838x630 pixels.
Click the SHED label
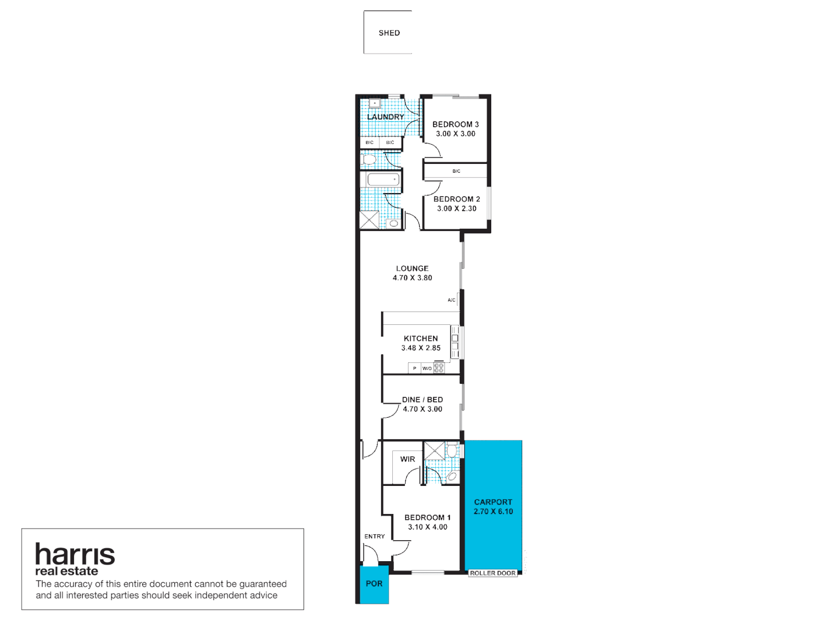(x=389, y=33)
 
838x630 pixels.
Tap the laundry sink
(x=374, y=104)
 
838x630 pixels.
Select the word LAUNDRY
(x=385, y=117)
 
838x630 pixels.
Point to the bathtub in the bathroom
(x=383, y=179)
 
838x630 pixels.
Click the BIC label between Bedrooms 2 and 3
(x=456, y=171)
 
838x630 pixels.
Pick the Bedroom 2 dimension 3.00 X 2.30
(x=456, y=209)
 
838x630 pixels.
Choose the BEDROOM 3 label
(x=455, y=124)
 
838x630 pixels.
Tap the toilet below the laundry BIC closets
(x=369, y=159)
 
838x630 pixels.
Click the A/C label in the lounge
(x=451, y=300)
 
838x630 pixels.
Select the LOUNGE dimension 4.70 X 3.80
(x=412, y=278)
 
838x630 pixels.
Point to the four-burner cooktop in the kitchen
(x=439, y=367)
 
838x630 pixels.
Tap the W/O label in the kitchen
(x=427, y=368)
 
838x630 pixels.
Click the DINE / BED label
(x=422, y=400)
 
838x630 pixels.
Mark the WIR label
(x=407, y=459)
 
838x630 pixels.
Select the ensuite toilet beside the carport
(x=452, y=451)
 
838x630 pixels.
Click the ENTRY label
(x=374, y=536)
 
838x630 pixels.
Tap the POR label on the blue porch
(x=374, y=583)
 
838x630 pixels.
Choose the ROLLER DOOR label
(x=492, y=573)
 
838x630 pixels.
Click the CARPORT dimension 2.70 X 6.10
(x=493, y=512)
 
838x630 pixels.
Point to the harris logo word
(x=75, y=554)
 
